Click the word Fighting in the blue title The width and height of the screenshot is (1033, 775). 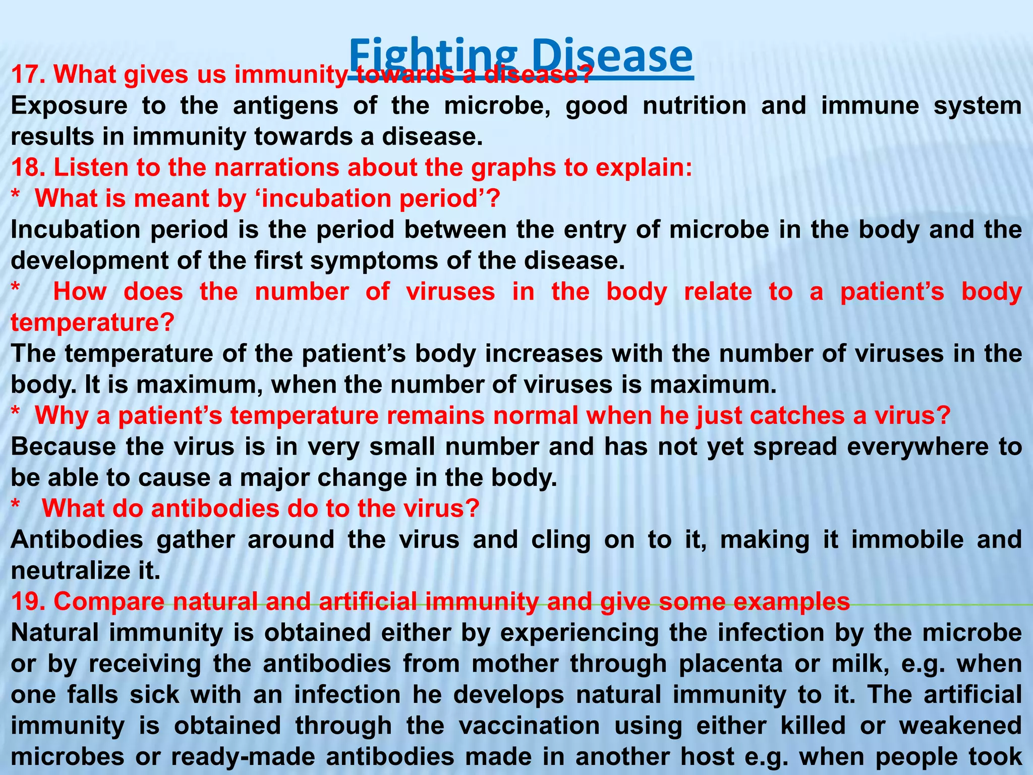point(433,57)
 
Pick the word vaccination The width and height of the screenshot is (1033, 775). point(529,726)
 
